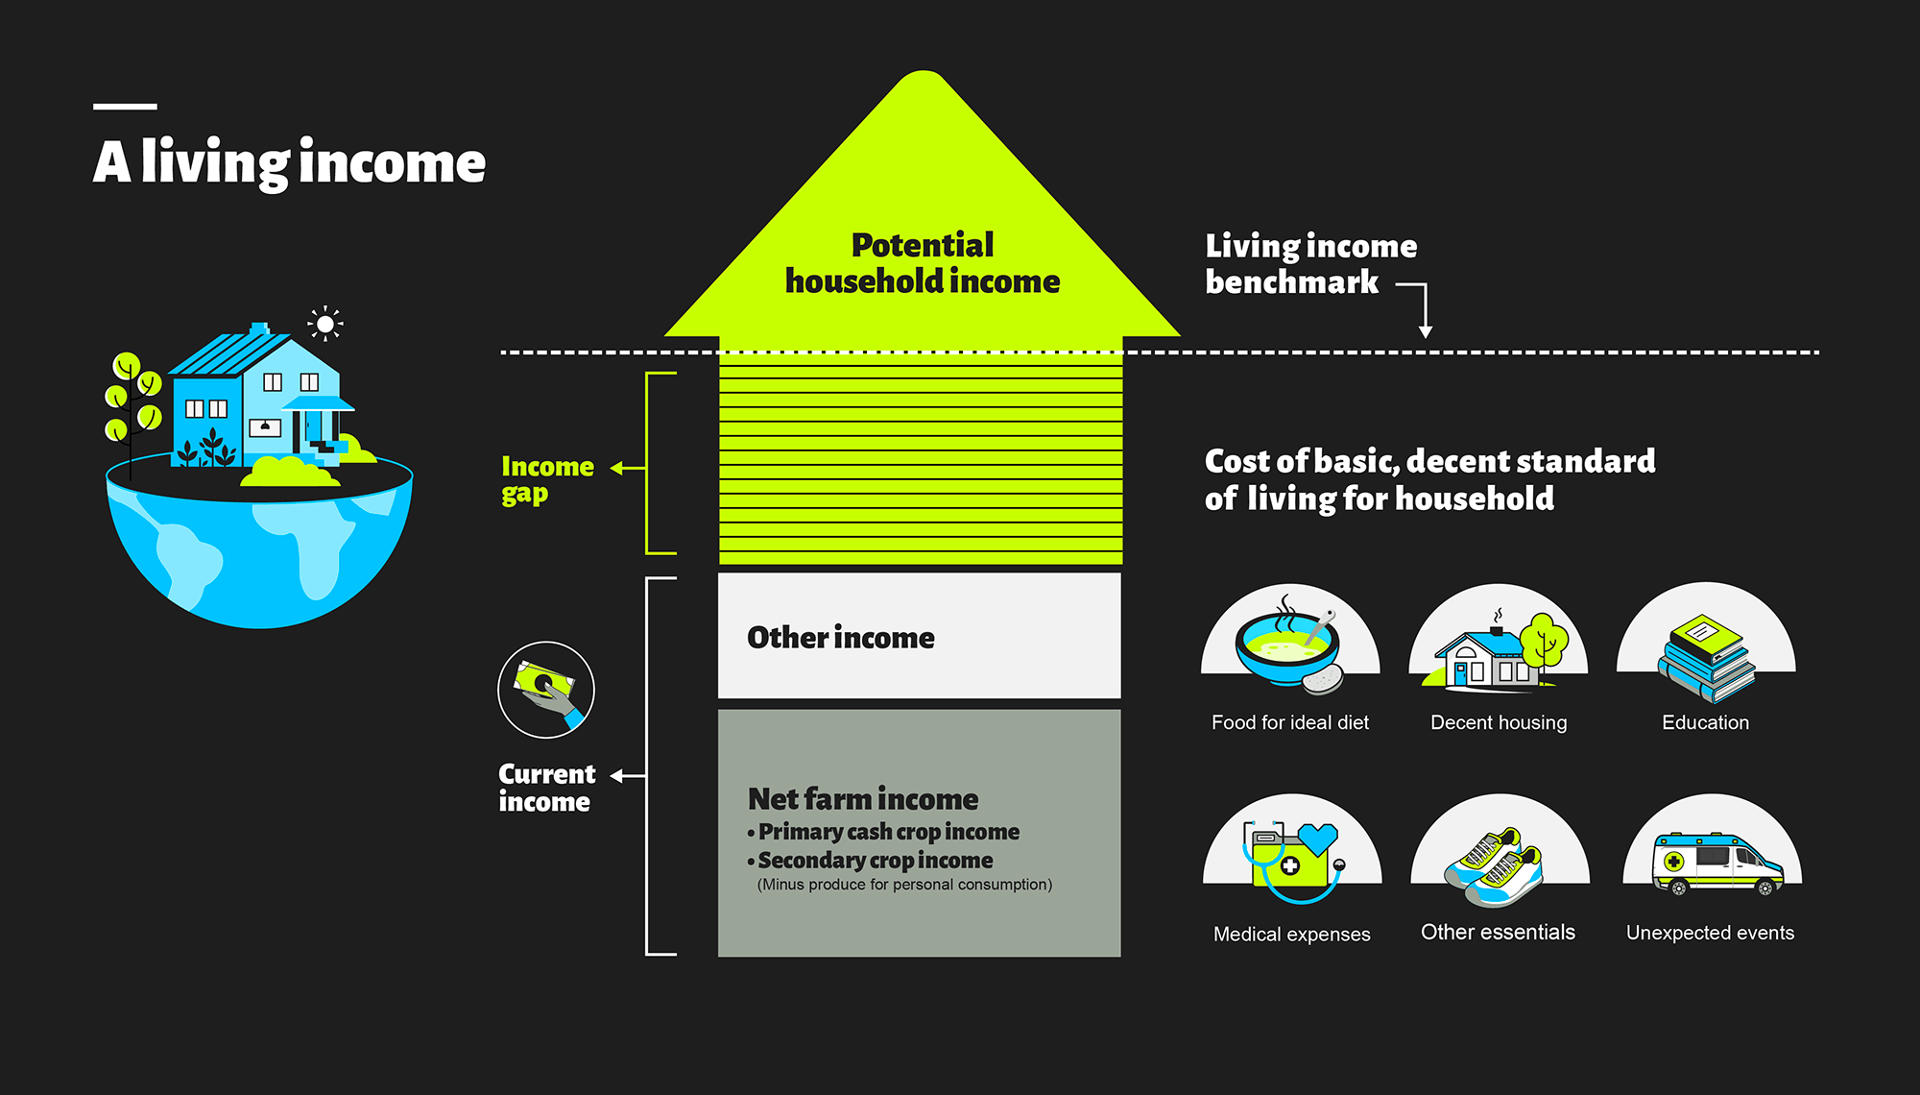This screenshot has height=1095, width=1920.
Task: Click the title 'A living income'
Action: click(x=289, y=162)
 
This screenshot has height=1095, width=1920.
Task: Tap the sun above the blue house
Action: click(x=325, y=325)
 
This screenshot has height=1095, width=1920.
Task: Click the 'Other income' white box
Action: click(x=919, y=636)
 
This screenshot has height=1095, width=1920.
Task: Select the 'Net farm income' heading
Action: click(x=862, y=799)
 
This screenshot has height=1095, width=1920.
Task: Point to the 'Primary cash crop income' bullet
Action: click(x=888, y=832)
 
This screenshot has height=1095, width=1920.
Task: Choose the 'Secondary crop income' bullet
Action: click(x=875, y=861)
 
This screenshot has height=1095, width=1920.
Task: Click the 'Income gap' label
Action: click(x=547, y=479)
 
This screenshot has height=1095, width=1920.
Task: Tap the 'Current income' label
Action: click(x=546, y=788)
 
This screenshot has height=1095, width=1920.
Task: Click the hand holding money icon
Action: click(x=546, y=690)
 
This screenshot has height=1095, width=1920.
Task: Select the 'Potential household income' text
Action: click(x=923, y=263)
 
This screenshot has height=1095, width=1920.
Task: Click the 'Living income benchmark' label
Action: click(x=1310, y=264)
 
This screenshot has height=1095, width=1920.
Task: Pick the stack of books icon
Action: click(x=1706, y=657)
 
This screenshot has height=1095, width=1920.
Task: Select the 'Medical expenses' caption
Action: click(x=1291, y=935)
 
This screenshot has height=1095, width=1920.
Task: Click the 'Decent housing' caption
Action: click(x=1499, y=723)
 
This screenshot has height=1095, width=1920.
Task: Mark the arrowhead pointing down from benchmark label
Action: click(x=1426, y=331)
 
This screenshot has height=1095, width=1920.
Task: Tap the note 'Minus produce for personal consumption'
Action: click(x=904, y=885)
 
